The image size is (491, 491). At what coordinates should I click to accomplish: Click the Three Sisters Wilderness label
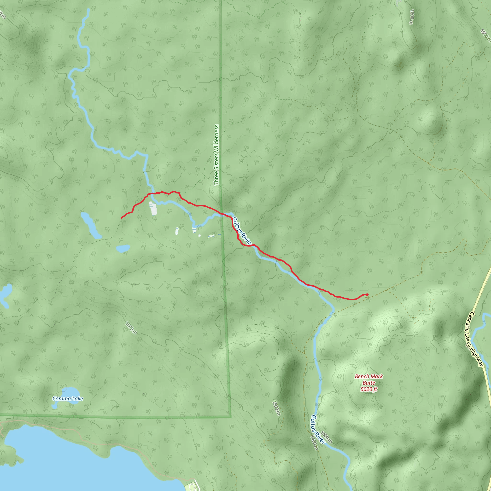point(216,155)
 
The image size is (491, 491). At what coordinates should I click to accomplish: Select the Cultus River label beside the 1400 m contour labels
point(318,429)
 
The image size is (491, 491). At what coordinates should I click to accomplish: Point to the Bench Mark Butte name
point(369,380)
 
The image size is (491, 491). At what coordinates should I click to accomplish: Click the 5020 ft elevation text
point(369,389)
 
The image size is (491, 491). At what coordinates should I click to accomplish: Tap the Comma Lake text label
point(68,398)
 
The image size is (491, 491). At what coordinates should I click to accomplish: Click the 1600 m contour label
point(412,17)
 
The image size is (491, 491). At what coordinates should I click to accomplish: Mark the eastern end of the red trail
point(368,295)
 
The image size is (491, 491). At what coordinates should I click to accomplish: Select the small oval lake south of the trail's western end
point(123,248)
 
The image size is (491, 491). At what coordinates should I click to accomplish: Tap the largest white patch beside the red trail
point(153,208)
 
